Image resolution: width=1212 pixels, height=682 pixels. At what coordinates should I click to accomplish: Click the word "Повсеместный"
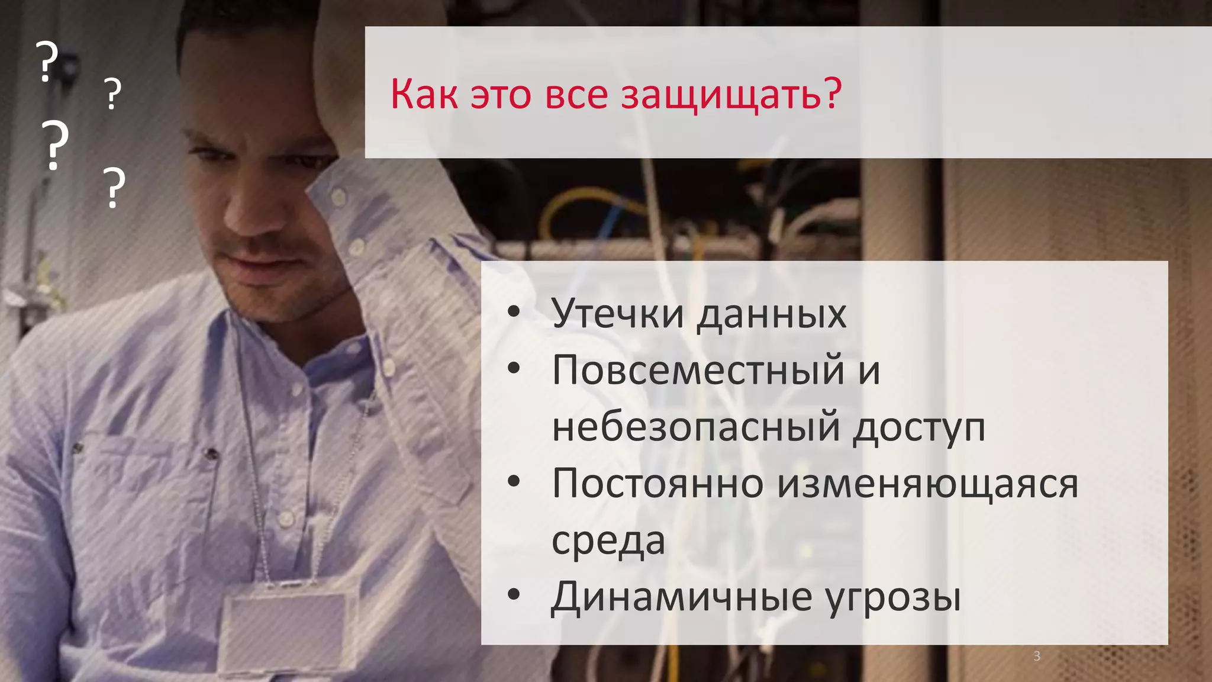698,370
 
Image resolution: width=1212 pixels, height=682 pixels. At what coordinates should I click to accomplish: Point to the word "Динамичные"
681,597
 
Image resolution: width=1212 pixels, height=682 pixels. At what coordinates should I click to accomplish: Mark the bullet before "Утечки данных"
514,311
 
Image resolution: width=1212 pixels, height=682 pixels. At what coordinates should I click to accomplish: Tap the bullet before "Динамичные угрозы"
514,594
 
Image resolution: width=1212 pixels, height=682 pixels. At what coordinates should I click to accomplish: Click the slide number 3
1037,656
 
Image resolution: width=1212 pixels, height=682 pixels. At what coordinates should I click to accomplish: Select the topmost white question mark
47,61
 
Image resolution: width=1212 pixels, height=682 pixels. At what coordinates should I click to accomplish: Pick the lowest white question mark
114,187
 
